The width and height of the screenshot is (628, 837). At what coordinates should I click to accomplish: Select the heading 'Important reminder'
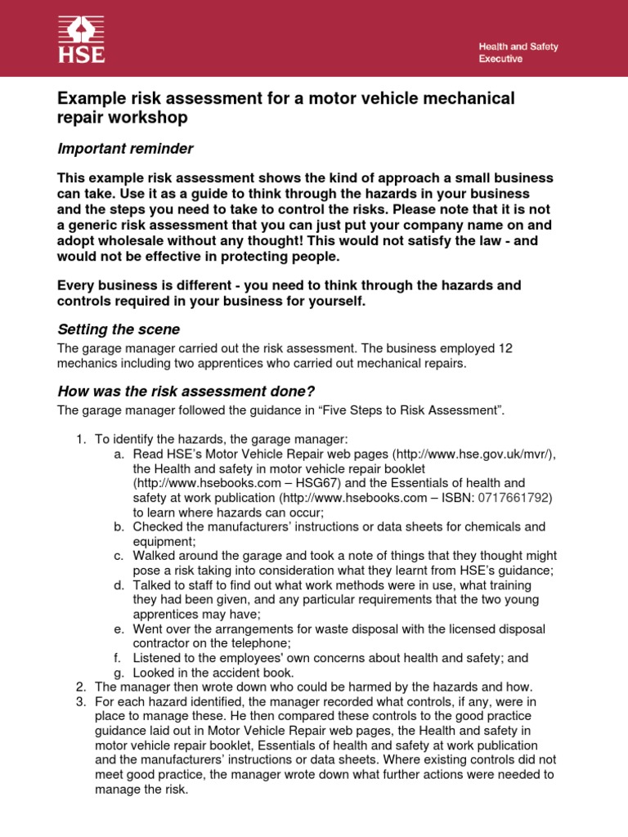coord(124,148)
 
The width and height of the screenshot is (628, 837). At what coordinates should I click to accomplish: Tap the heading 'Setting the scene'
coord(118,329)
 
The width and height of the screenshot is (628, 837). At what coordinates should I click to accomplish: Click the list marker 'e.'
coord(119,629)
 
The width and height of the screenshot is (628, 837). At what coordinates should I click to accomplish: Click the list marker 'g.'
coord(119,673)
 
